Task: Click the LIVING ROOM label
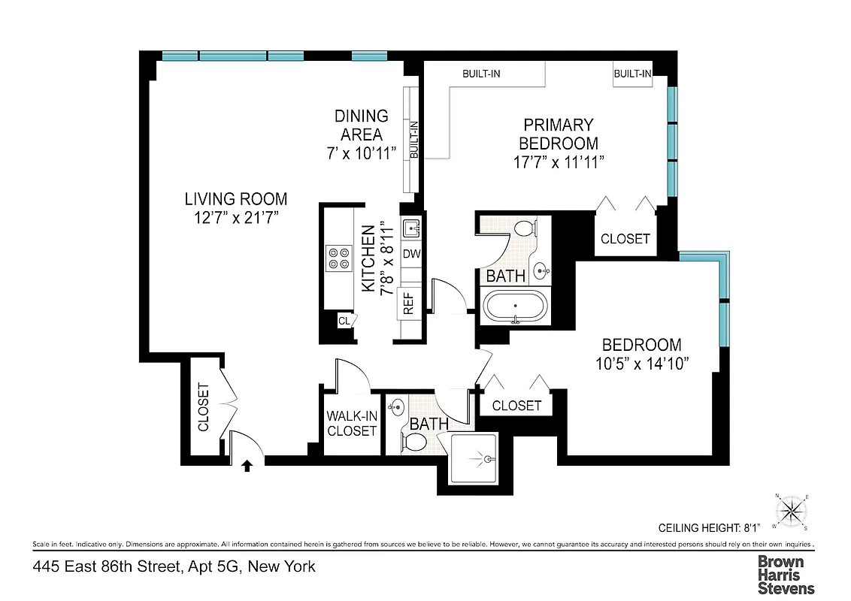pyautogui.click(x=236, y=199)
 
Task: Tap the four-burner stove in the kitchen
pyautogui.click(x=338, y=257)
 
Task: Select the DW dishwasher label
pyautogui.click(x=410, y=254)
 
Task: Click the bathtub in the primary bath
pyautogui.click(x=516, y=307)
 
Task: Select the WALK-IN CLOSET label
pyautogui.click(x=351, y=424)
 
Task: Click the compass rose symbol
pyautogui.click(x=791, y=512)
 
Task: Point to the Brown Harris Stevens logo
pyautogui.click(x=786, y=574)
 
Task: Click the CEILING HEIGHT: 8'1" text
pyautogui.click(x=710, y=528)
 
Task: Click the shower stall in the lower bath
pyautogui.click(x=472, y=458)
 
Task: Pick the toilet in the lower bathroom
pyautogui.click(x=414, y=442)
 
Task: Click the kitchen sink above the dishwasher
pyautogui.click(x=410, y=227)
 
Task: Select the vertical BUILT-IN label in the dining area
pyautogui.click(x=413, y=140)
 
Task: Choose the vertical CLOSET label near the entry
pyautogui.click(x=203, y=407)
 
